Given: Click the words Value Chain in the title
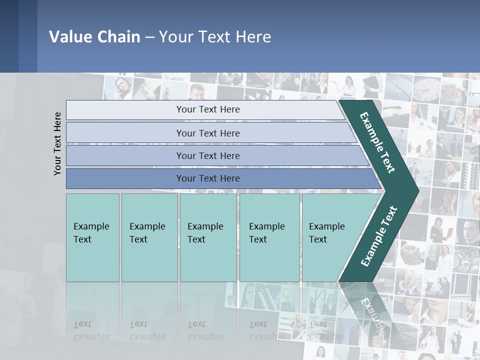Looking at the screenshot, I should click(94, 37).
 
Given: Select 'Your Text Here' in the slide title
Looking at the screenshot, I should click(215, 37).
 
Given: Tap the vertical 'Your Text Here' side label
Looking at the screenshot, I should click(57, 143).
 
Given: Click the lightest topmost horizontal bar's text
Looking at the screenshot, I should click(208, 109).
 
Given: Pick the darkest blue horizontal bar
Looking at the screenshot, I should click(208, 178).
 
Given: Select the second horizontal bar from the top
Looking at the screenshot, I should click(208, 133).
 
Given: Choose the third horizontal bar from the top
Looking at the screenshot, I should click(208, 155).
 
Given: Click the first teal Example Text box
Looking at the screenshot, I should click(92, 237).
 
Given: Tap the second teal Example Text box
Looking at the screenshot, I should click(149, 237).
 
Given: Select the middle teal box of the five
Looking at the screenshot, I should click(208, 237).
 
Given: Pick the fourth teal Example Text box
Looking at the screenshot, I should click(269, 237).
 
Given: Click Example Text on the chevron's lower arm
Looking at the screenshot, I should click(379, 236).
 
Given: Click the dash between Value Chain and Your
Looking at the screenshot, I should click(149, 37).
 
